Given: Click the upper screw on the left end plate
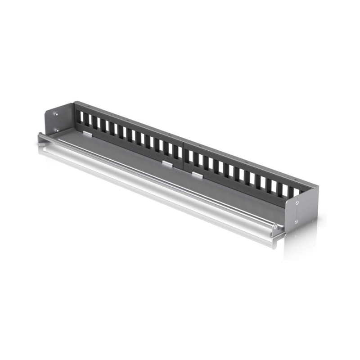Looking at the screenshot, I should click(56, 114).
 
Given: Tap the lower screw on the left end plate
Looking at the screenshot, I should click(56, 130).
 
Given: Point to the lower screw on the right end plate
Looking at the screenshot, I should click(296, 221).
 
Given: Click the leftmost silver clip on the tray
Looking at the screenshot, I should click(87, 134).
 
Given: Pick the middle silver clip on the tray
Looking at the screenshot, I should click(167, 164).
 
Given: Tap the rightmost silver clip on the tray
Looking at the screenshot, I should click(197, 173).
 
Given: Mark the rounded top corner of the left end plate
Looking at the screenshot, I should click(49, 106).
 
